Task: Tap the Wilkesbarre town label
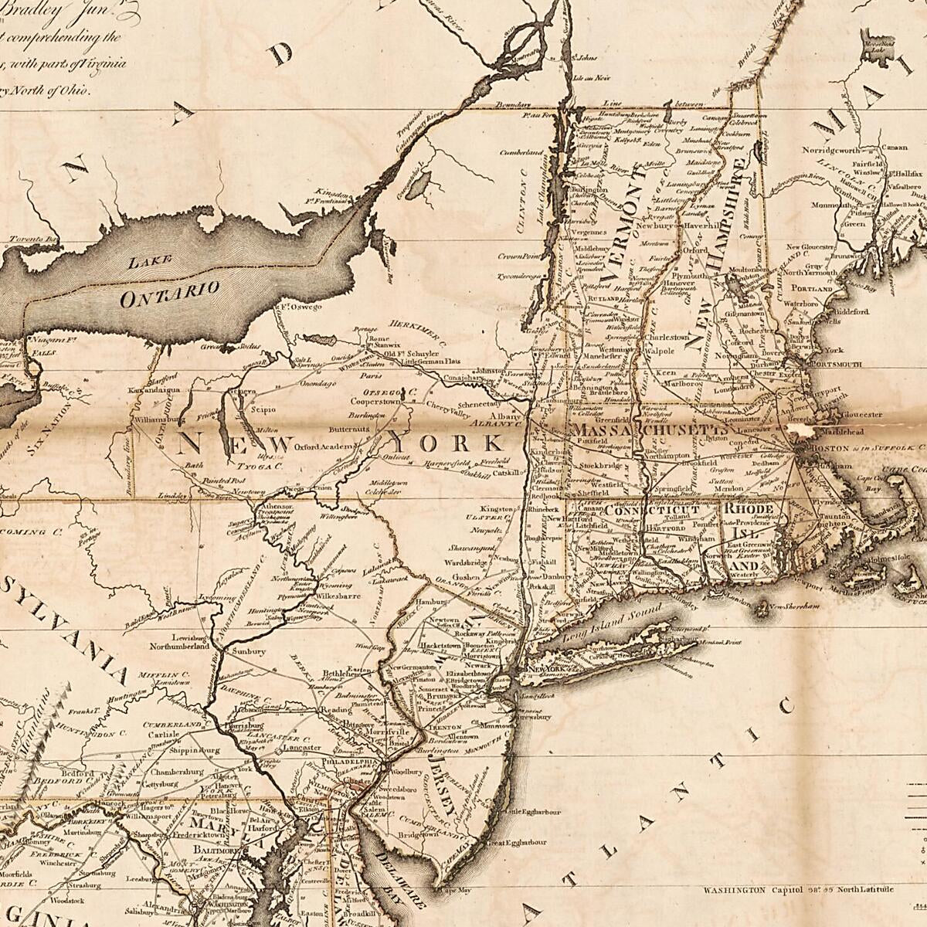click(335, 597)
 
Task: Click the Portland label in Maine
click(811, 288)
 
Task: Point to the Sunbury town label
click(249, 652)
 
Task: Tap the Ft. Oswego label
click(297, 307)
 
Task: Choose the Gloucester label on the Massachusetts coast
click(857, 414)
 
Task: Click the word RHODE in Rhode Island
click(748, 510)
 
